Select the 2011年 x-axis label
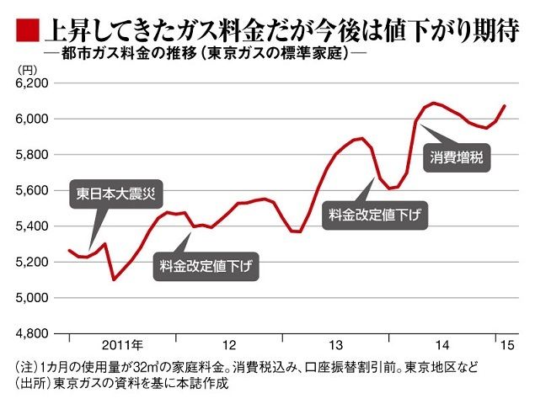point(123,346)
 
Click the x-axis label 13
point(335,346)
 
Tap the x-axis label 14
point(441,346)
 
